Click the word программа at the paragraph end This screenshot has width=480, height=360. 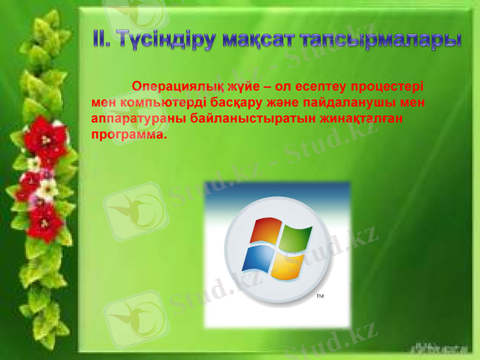click(128, 135)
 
